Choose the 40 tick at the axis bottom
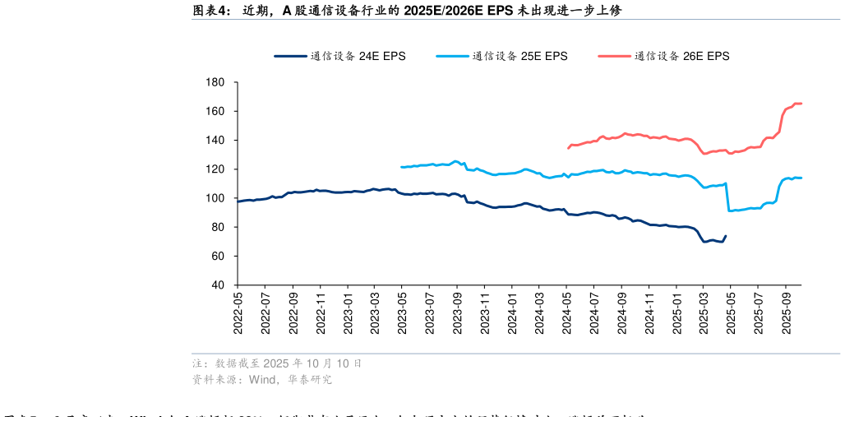pos(218,285)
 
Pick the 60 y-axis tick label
pos(218,257)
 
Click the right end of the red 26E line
pos(801,104)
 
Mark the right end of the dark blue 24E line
pos(725,236)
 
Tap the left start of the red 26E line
pos(568,148)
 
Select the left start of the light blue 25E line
pos(401,167)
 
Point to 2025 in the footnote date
pos(277,363)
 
